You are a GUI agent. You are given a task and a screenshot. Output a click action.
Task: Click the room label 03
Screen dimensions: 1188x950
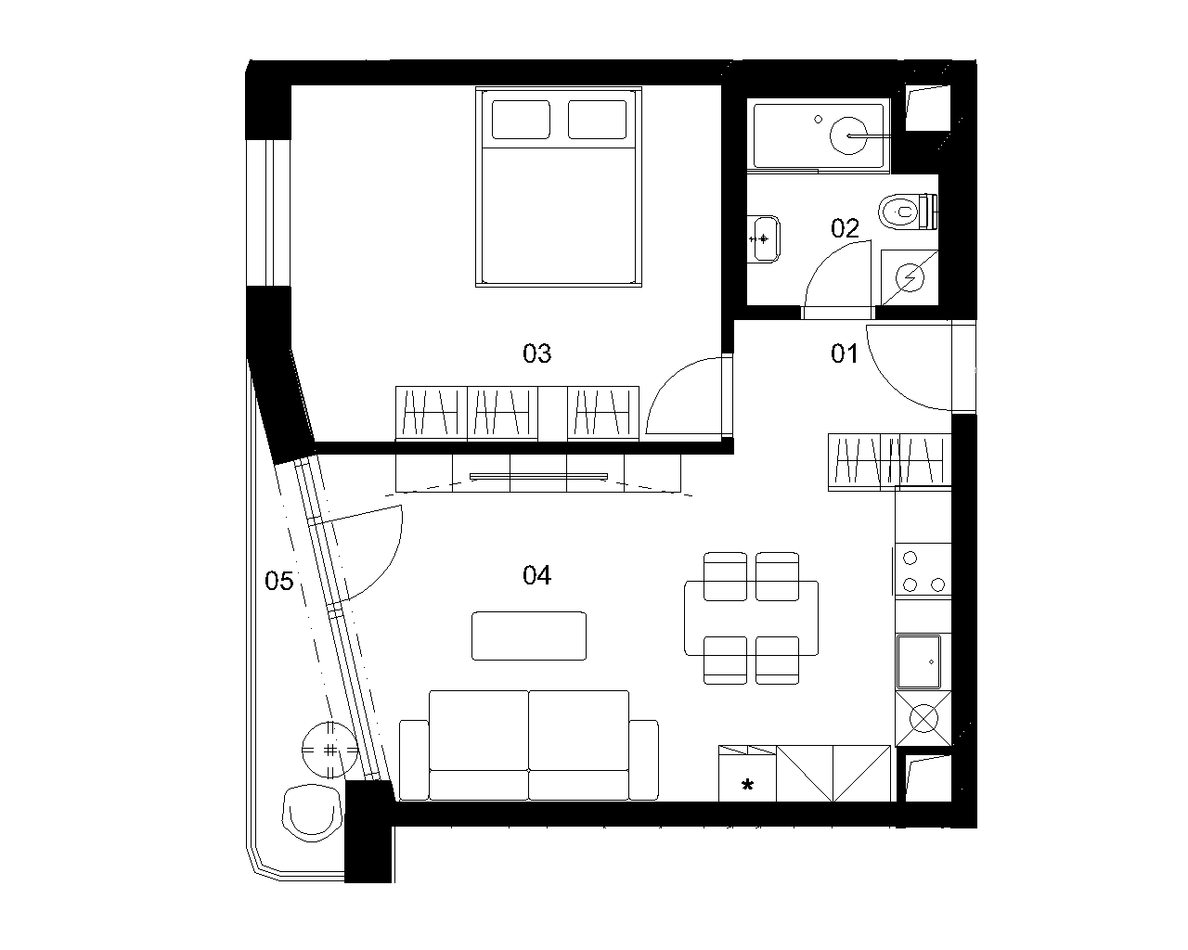pos(536,353)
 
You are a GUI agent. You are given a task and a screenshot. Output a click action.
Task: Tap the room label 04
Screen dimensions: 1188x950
pos(536,575)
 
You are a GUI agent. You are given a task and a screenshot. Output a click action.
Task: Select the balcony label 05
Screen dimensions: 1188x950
pos(278,581)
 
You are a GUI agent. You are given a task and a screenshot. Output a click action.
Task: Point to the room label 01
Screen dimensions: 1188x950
pos(845,353)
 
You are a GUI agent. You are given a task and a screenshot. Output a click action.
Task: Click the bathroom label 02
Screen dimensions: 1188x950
pos(845,228)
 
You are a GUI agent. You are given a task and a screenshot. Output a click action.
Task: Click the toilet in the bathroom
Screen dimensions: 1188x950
pos(908,212)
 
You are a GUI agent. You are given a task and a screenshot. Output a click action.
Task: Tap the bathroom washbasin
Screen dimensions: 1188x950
pos(764,239)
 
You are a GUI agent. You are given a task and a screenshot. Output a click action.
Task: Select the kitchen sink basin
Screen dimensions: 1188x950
pos(919,661)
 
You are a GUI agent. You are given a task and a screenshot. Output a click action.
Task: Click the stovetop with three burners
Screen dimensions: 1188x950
pos(923,571)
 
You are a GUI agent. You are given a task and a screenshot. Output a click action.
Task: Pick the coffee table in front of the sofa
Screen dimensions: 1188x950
pos(529,635)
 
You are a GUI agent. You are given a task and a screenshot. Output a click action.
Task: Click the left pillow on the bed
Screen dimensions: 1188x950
pos(521,120)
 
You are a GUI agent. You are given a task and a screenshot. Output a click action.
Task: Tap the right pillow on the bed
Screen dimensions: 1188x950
pos(597,120)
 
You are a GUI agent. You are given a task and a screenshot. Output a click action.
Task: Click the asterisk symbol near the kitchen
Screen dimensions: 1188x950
pos(747,784)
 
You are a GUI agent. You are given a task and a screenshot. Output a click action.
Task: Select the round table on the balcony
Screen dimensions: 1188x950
pos(330,750)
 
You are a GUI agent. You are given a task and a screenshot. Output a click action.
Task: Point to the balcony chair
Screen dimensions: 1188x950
pos(312,813)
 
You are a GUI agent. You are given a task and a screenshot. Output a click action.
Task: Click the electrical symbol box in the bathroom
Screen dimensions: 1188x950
pos(910,277)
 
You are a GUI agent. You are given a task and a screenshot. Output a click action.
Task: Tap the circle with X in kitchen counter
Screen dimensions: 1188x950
pos(923,719)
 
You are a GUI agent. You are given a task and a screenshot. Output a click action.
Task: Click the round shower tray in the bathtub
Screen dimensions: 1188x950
pos(848,135)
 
